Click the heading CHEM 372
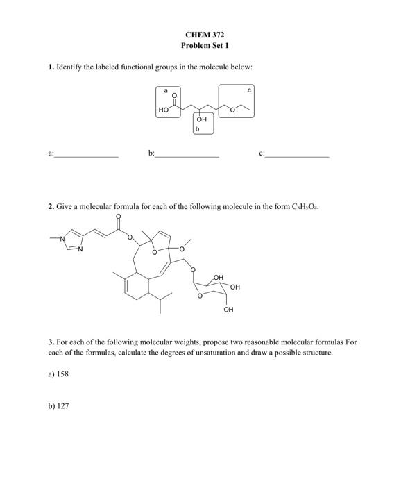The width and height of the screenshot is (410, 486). point(205,34)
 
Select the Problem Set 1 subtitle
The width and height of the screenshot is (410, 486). point(205,45)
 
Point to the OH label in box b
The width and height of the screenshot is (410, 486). point(202,119)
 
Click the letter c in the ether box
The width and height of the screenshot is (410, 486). point(249,90)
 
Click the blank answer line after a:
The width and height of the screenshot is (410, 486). point(87,157)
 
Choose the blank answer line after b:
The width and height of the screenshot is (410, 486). point(187,157)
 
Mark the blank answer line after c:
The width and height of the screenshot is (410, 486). point(297,157)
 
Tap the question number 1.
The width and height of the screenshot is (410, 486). point(51,67)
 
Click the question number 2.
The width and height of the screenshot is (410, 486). point(51,206)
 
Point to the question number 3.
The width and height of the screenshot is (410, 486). point(51,342)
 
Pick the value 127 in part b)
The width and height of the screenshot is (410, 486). point(62,405)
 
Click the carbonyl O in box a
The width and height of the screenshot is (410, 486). point(174,95)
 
